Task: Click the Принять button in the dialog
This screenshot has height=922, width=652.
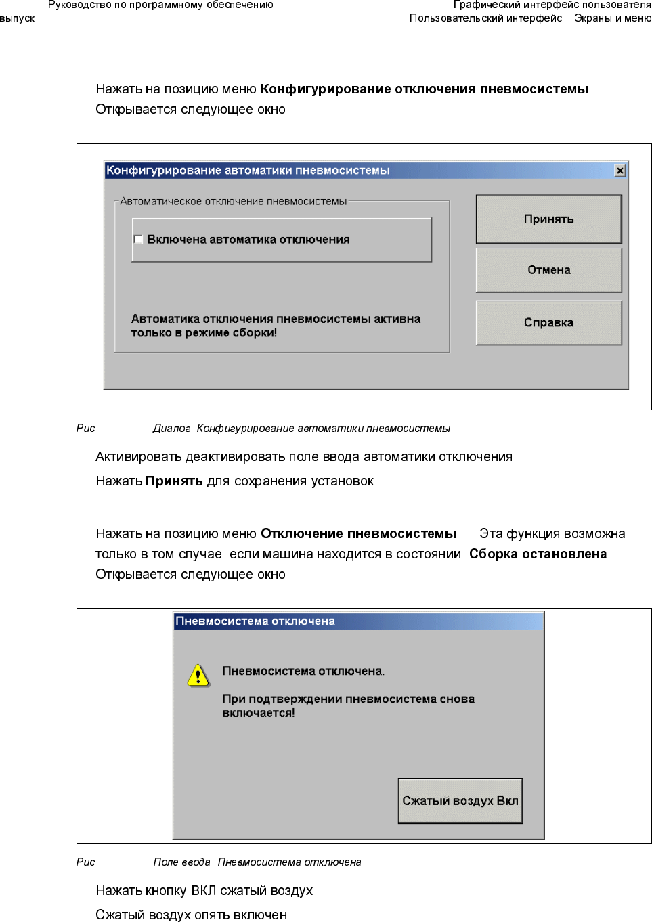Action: click(548, 219)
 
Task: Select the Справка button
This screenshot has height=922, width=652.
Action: click(548, 323)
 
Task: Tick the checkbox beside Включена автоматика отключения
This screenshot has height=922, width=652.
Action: click(138, 240)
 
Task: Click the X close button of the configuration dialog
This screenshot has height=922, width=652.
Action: click(620, 171)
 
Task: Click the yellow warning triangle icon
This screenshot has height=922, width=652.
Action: click(198, 676)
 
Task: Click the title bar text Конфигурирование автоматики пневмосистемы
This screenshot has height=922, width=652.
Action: click(248, 171)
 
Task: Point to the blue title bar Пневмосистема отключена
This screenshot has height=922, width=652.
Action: click(358, 621)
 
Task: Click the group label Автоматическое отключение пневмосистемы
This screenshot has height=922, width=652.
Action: click(233, 202)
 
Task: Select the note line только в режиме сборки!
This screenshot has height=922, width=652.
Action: click(204, 333)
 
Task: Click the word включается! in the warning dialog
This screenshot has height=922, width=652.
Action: click(259, 713)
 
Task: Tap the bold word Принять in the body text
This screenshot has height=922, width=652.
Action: click(174, 481)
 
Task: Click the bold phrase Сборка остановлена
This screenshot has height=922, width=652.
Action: click(538, 554)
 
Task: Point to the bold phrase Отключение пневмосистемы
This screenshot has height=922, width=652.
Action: click(358, 534)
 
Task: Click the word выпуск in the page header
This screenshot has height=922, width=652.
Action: click(17, 18)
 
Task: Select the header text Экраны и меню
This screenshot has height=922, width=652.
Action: click(612, 18)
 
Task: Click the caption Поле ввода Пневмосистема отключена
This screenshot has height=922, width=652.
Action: click(257, 862)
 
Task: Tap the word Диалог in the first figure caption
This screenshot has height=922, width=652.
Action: click(171, 429)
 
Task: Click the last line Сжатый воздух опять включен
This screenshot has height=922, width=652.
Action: click(191, 915)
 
